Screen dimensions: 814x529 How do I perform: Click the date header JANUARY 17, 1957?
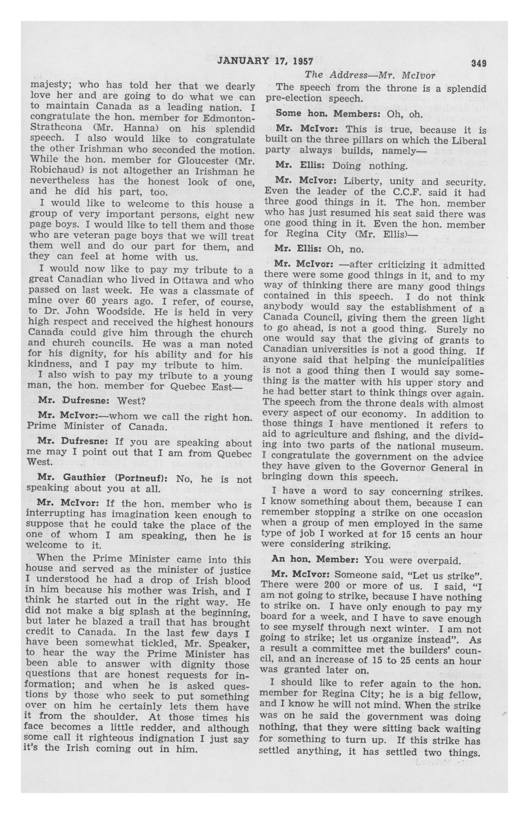[265, 62]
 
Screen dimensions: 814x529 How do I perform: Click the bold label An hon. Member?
[315, 560]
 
